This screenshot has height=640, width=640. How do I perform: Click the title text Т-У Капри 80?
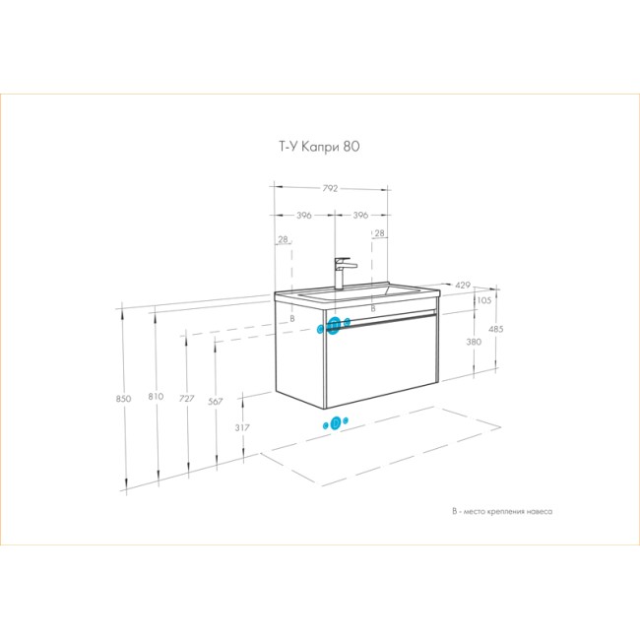point(319,147)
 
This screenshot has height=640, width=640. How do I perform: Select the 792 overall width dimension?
point(330,189)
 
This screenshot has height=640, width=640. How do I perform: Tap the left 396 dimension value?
point(304,215)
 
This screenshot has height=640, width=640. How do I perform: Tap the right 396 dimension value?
point(360,215)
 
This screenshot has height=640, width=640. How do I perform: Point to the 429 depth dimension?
point(463,285)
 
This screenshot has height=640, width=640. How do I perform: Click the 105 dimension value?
point(484,300)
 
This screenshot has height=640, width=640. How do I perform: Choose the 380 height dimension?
point(474,342)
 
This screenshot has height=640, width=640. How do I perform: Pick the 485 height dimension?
point(496,329)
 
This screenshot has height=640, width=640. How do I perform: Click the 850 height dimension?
point(123,399)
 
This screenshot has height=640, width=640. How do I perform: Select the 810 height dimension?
point(156,397)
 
